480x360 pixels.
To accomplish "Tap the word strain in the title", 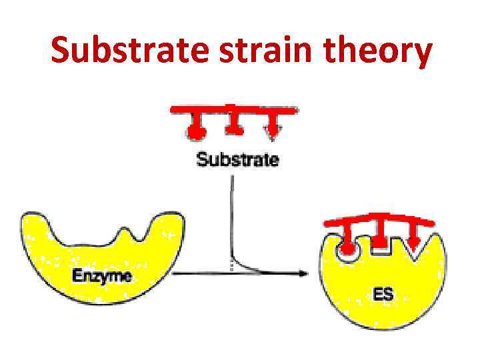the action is point(254,51).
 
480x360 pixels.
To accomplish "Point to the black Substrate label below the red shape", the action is point(237,160).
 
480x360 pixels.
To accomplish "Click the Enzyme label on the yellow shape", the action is point(102,275).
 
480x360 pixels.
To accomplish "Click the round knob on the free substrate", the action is point(195,131).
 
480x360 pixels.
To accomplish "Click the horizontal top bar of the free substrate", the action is point(233,108).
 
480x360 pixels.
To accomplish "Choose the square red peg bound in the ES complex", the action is point(380,243).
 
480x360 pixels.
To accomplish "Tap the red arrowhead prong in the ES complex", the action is point(415,241).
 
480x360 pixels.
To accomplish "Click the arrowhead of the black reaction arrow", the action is point(303,273).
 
